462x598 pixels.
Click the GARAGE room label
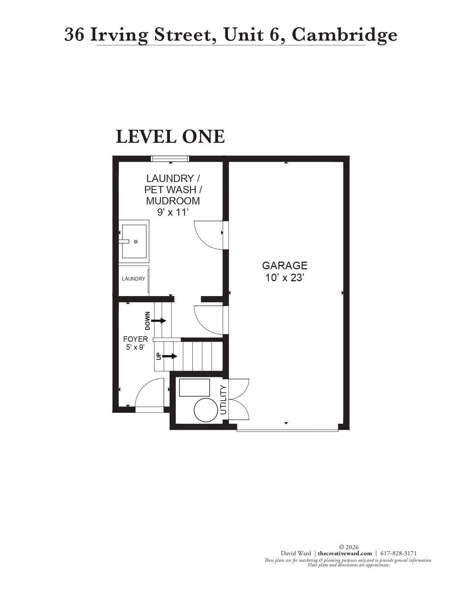pyautogui.click(x=284, y=266)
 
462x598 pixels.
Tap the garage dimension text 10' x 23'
pyautogui.click(x=284, y=278)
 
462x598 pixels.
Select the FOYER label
pyautogui.click(x=136, y=339)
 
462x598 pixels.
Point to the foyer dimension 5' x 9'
pyautogui.click(x=136, y=347)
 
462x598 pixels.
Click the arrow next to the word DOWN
pyautogui.click(x=158, y=321)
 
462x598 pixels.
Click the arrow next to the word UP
pyautogui.click(x=170, y=356)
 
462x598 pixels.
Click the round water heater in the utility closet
pyautogui.click(x=206, y=410)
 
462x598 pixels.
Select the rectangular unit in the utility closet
pyautogui.click(x=195, y=387)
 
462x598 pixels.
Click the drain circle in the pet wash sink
pyautogui.click(x=136, y=242)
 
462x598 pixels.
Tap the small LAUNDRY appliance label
pyautogui.click(x=133, y=279)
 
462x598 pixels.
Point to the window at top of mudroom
pyautogui.click(x=170, y=158)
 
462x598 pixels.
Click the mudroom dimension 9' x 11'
pyautogui.click(x=173, y=212)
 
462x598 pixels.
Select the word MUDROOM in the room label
pyautogui.click(x=173, y=201)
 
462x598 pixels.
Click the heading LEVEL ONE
pyautogui.click(x=170, y=137)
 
